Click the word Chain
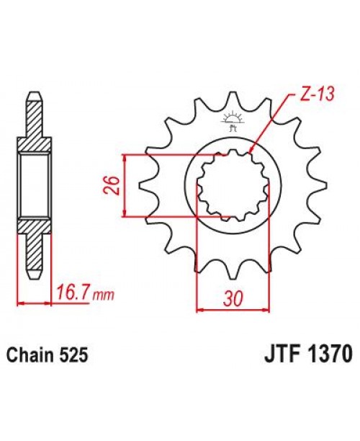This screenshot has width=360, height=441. pos(29,355)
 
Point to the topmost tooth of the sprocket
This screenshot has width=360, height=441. pos(231,101)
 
